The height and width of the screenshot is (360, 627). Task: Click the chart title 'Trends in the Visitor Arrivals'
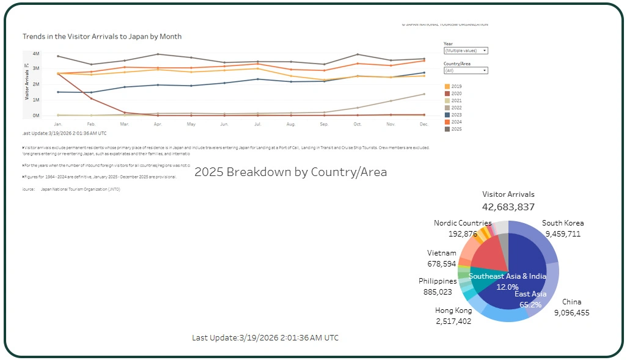(x=102, y=37)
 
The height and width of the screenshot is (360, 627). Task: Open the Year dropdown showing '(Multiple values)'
(x=466, y=51)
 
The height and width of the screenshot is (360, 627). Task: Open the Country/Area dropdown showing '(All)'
(x=466, y=71)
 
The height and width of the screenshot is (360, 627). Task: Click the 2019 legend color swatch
(x=447, y=87)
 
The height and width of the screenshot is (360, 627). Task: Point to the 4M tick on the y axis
(x=36, y=54)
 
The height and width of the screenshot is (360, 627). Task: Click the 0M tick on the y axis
(x=36, y=116)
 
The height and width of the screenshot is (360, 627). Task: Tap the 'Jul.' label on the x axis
(x=257, y=124)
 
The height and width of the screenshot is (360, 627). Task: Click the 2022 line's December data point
(x=424, y=94)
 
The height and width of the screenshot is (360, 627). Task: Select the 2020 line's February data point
(x=92, y=98)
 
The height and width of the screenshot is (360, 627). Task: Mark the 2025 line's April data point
(x=158, y=54)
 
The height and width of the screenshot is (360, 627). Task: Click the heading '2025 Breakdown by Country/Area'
(x=290, y=172)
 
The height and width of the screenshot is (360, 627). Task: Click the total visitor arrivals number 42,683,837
(x=508, y=207)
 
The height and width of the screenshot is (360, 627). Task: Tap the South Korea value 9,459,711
(x=562, y=233)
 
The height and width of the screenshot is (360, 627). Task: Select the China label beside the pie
(x=572, y=302)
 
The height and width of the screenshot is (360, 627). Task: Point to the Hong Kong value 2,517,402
(x=453, y=321)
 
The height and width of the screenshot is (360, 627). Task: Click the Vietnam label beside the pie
(x=441, y=253)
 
